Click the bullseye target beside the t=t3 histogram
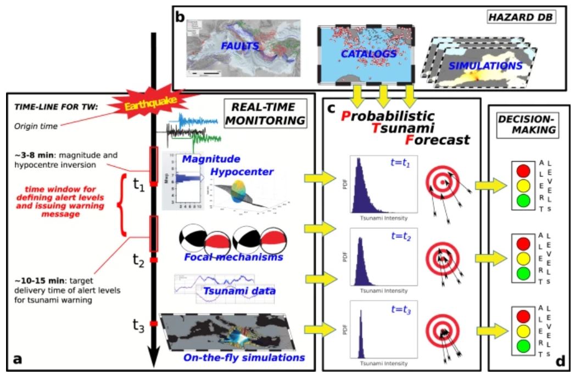pyautogui.click(x=443, y=331)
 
